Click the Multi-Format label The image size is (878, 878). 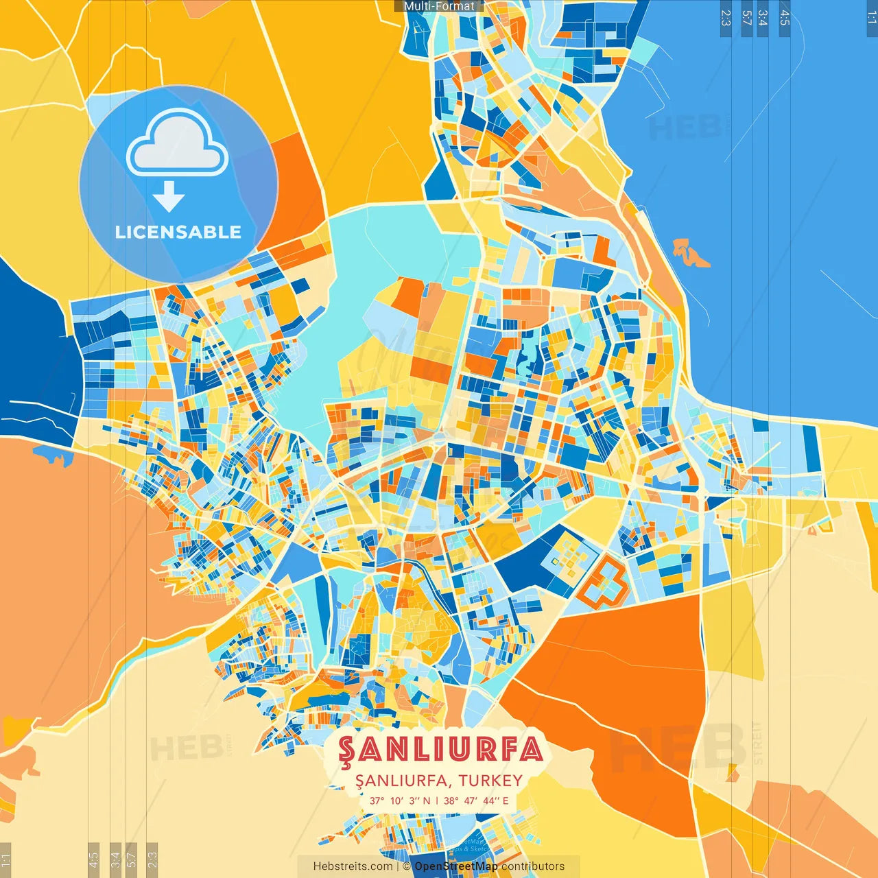(x=439, y=6)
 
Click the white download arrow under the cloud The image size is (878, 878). (x=169, y=197)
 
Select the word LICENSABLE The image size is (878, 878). (x=178, y=232)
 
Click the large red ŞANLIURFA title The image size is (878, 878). (x=441, y=750)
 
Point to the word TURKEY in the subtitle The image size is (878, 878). (x=491, y=781)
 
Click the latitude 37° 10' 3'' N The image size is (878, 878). (x=400, y=800)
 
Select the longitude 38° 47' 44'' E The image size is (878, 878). (x=476, y=800)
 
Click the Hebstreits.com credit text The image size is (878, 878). (x=353, y=866)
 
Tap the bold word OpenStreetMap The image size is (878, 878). (x=456, y=866)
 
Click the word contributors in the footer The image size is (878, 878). (x=533, y=866)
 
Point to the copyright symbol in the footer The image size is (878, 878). (x=407, y=866)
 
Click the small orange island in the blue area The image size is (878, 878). (x=689, y=252)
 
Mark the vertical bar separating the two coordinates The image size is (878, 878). (x=437, y=800)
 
